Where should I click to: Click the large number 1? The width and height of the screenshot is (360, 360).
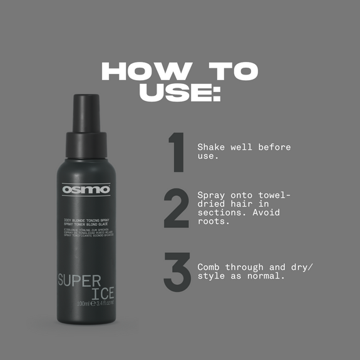(x=177, y=152)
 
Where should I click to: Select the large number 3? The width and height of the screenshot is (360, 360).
(x=177, y=271)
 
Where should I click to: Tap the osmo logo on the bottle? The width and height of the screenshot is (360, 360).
(x=86, y=188)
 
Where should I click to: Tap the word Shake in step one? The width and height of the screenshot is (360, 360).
(x=212, y=147)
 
